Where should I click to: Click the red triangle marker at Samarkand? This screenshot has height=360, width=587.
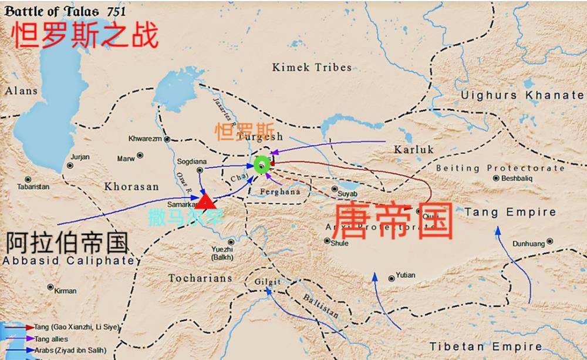[205, 201]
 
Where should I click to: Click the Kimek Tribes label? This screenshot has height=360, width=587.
[312, 68]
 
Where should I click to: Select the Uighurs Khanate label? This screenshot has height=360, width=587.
[522, 95]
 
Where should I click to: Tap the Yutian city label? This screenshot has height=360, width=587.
[405, 275]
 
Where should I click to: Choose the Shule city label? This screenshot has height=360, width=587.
[339, 243]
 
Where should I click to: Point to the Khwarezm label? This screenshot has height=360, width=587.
[146, 139]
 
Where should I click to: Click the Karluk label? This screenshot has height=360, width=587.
[414, 150]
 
